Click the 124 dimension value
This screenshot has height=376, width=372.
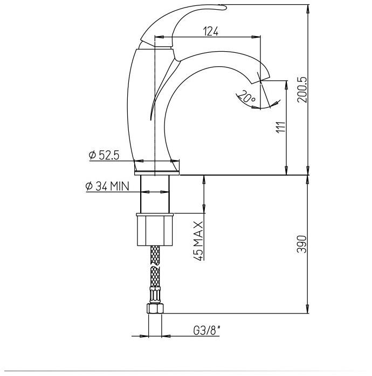tap(211, 32)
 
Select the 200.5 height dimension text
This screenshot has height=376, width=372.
tap(302, 89)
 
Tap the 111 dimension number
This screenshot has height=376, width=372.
tap(280, 128)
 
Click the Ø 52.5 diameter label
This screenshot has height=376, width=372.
tap(104, 155)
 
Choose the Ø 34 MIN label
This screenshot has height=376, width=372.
tap(107, 186)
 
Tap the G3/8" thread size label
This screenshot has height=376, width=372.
tap(207, 330)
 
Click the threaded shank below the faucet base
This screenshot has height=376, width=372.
tap(155, 194)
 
